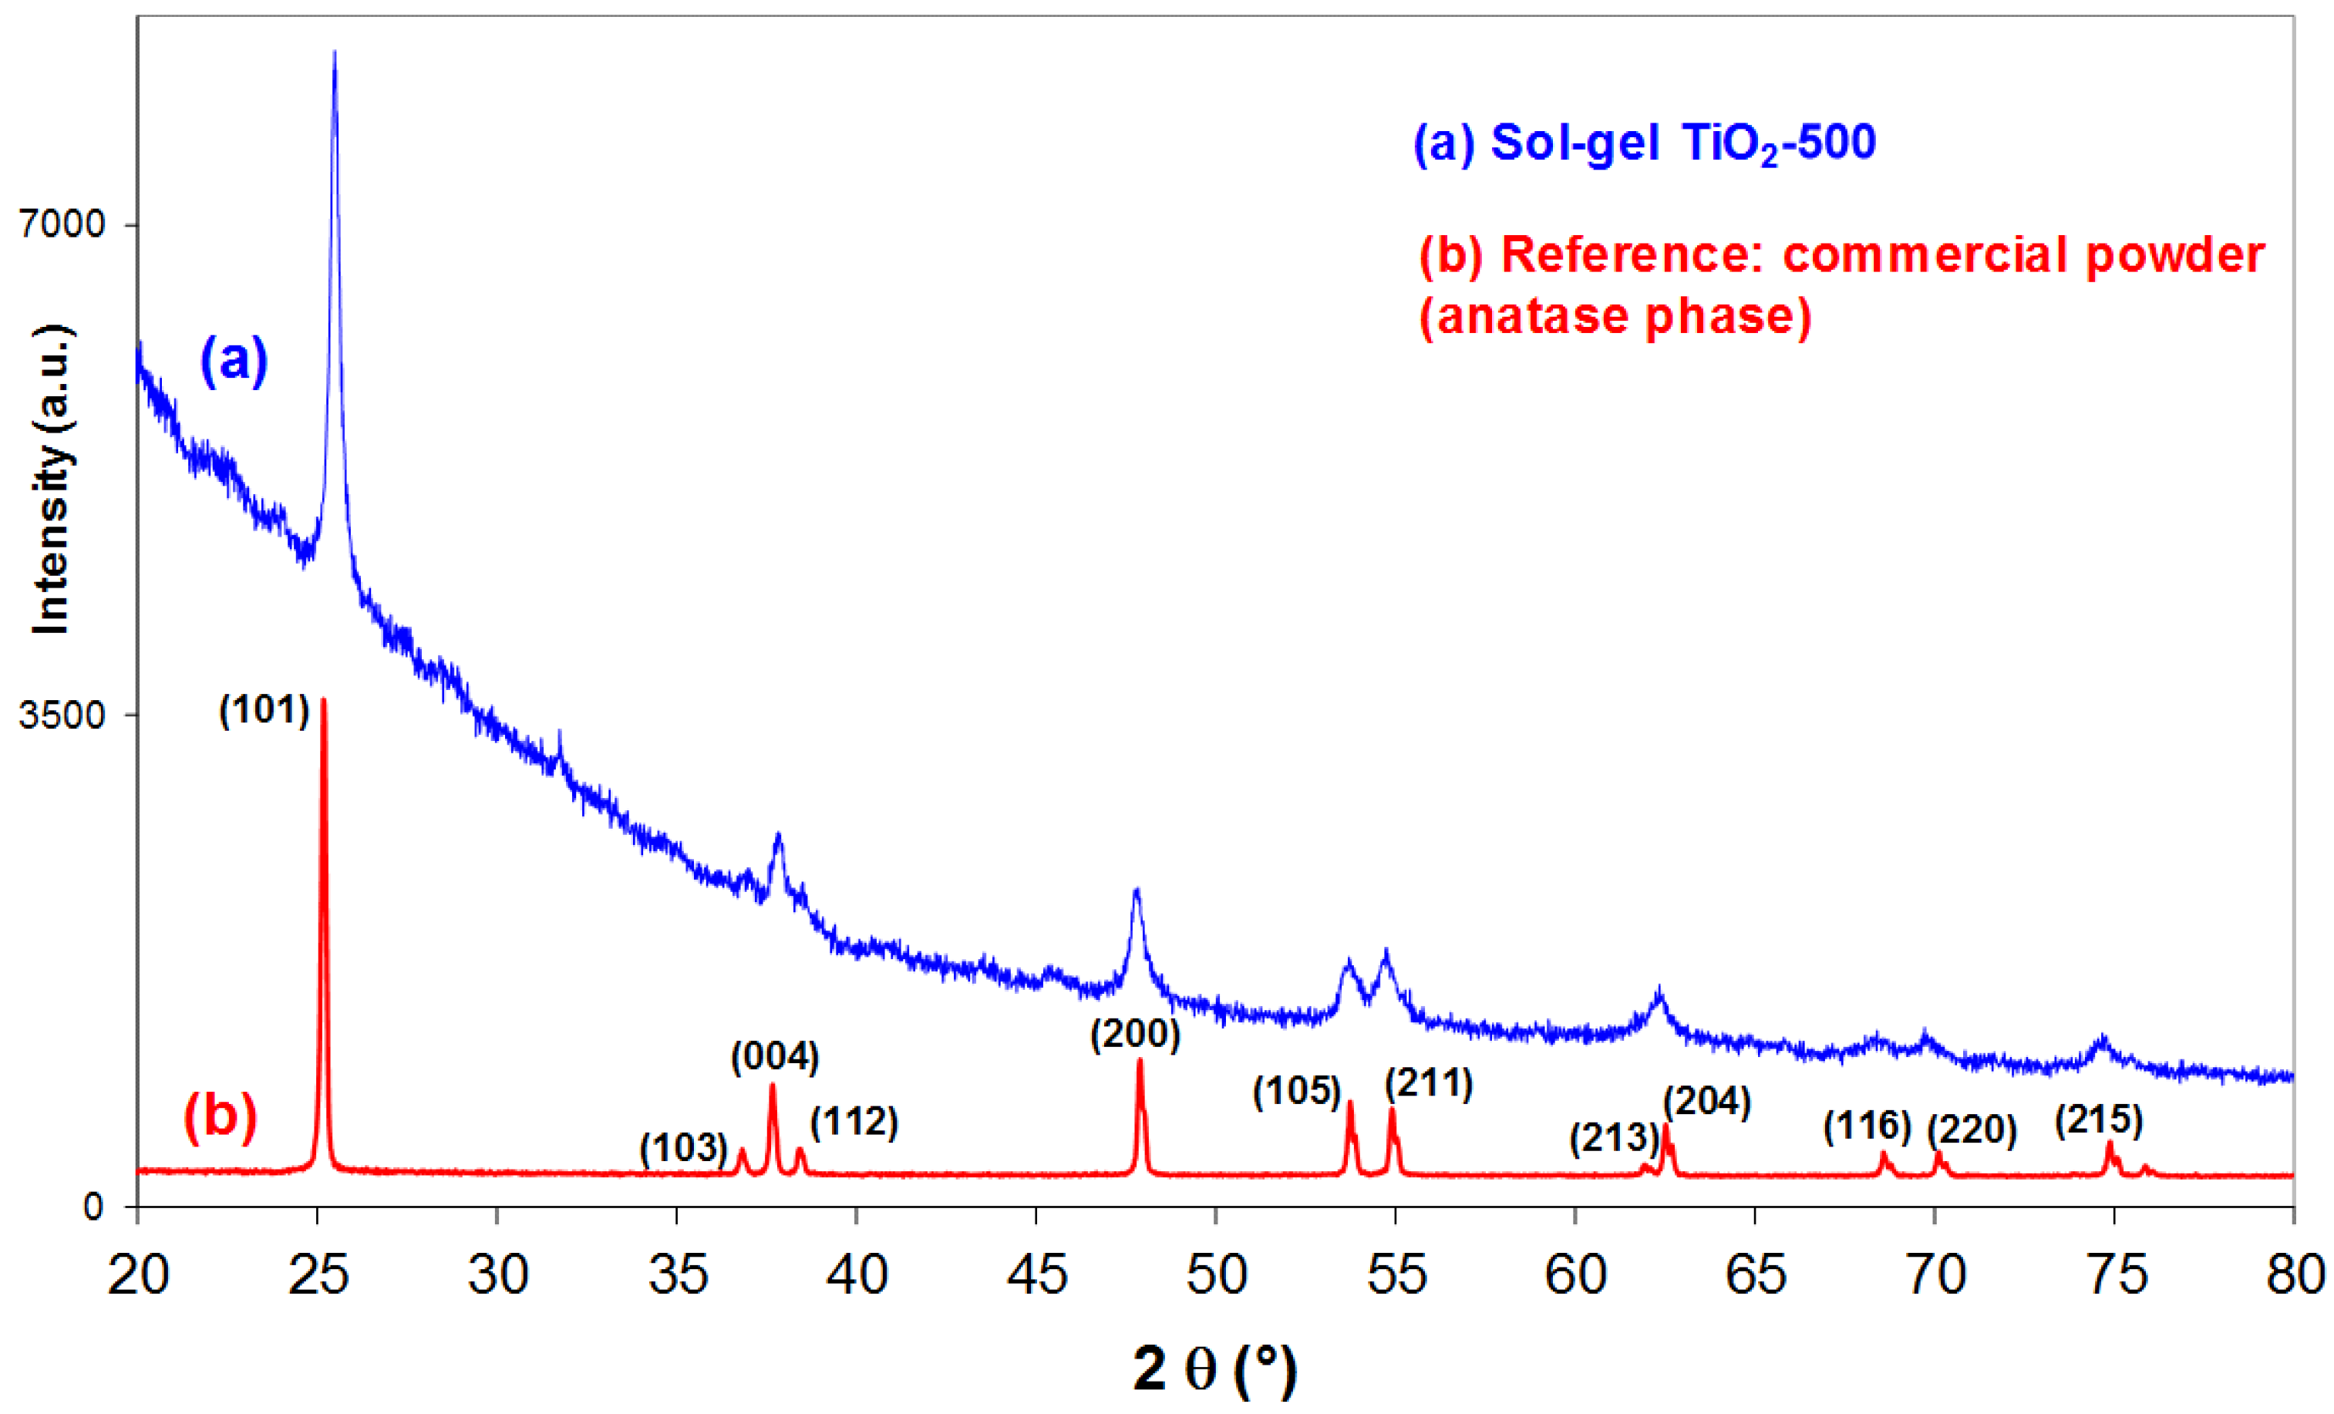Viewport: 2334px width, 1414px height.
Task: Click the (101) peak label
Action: tap(264, 709)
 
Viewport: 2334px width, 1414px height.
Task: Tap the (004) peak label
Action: tap(774, 1057)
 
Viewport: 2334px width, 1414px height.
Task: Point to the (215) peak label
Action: tap(2098, 1120)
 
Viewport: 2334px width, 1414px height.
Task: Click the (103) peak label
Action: tap(683, 1148)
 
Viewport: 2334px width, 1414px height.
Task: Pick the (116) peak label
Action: tap(1867, 1126)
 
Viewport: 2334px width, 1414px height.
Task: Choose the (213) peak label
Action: tap(1613, 1137)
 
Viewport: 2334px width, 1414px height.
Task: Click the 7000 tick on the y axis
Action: tap(62, 224)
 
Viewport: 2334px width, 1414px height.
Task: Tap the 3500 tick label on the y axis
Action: tap(62, 714)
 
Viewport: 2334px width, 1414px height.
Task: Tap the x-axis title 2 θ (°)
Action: tap(1214, 1369)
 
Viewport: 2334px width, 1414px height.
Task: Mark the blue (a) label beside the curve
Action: tap(233, 360)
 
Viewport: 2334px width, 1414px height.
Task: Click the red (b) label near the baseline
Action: tap(220, 1116)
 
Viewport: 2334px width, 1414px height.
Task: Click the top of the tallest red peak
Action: tap(323, 701)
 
